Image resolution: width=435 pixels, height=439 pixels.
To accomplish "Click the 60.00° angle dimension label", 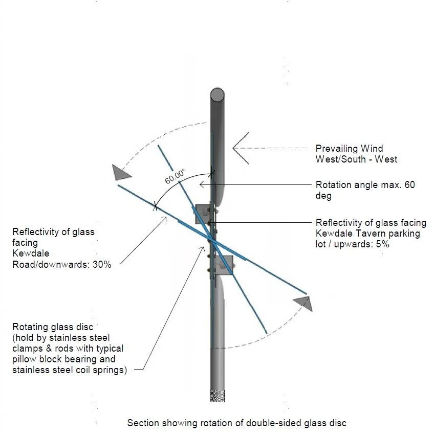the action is [x=175, y=177].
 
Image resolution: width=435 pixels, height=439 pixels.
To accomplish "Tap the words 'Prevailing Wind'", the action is [x=349, y=149].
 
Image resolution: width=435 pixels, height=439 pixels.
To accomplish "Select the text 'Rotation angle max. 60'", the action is [x=365, y=184].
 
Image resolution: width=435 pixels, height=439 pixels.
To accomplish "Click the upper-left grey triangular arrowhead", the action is [x=122, y=173].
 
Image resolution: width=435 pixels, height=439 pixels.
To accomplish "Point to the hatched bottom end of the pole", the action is [x=217, y=395].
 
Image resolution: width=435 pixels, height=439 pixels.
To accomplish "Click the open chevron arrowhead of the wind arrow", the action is [x=241, y=148].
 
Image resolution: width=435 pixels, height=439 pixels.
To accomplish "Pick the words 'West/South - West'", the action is [x=356, y=159].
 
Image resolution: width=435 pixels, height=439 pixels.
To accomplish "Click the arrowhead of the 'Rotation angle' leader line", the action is [x=202, y=184].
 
